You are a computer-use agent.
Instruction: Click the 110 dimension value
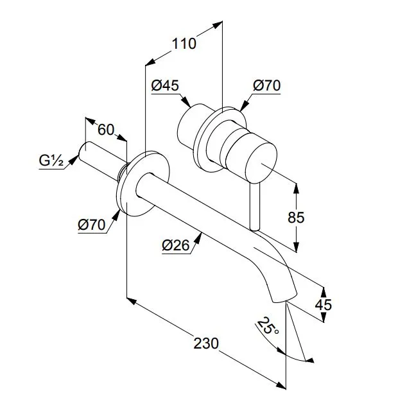point(184,44)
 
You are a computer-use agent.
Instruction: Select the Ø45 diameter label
point(165,85)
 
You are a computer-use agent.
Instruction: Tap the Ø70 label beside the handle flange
point(266,85)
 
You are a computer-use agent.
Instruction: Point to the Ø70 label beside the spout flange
point(92,225)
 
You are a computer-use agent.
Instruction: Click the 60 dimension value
point(106,130)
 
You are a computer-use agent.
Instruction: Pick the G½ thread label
point(51,160)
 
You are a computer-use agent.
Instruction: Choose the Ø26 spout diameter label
point(176,245)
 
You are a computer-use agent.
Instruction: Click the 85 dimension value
point(296,218)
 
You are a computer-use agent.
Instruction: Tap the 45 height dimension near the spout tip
point(324,305)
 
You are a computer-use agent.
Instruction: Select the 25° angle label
point(268,326)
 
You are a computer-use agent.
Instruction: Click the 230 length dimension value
point(206,343)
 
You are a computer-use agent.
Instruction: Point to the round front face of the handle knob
point(261,162)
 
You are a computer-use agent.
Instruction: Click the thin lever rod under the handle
point(255,207)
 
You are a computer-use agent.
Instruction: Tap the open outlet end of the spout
point(284,299)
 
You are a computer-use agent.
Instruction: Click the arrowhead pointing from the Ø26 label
point(198,239)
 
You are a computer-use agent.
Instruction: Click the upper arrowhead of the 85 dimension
point(297,189)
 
